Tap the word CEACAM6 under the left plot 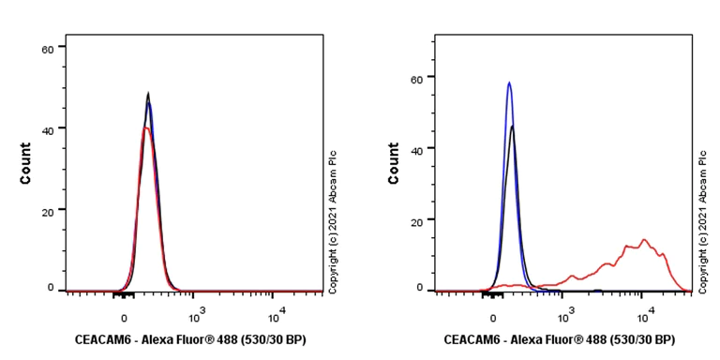[103, 339]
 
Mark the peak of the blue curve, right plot [509, 82]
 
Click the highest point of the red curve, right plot [644, 240]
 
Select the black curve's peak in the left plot [148, 93]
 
